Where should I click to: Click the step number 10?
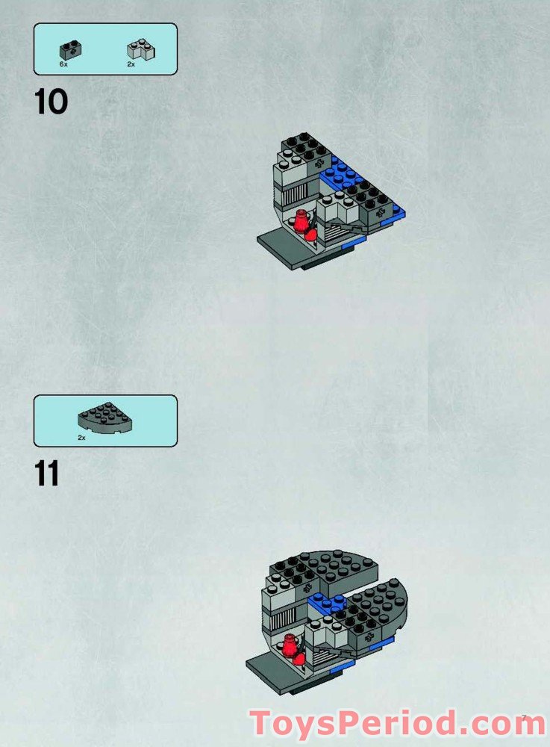[51, 102]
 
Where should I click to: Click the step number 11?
[46, 474]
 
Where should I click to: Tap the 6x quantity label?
[63, 65]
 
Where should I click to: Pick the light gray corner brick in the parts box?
[141, 50]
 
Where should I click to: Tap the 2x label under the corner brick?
[131, 65]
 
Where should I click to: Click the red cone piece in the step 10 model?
[301, 221]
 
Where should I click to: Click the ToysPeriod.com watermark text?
[397, 723]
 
